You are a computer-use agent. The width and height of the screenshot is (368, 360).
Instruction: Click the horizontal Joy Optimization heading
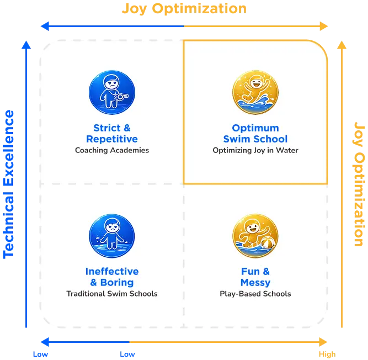coord(184,9)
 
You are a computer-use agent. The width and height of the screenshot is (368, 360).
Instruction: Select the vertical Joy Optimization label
coord(359,184)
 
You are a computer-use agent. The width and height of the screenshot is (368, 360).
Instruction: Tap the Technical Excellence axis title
coord(8,184)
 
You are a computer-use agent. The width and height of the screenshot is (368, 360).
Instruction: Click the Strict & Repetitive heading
coord(112,134)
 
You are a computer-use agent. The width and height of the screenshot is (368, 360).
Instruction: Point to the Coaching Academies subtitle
coord(112,150)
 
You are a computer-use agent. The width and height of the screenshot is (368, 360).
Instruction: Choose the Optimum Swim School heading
coord(255,134)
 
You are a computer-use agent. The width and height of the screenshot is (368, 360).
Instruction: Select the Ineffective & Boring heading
coord(112,277)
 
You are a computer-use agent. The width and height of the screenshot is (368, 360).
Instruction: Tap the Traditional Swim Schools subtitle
coord(112,294)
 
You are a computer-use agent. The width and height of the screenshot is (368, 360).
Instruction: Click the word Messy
coord(255,283)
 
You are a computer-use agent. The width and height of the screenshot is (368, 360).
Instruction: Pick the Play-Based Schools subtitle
coord(255,294)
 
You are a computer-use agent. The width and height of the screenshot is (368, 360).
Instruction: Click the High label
coord(327,354)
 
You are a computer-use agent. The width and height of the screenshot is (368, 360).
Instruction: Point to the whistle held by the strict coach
coord(122,96)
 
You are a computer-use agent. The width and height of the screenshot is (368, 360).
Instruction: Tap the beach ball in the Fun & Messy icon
coord(268,243)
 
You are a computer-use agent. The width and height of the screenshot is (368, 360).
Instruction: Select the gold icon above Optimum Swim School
coord(255,92)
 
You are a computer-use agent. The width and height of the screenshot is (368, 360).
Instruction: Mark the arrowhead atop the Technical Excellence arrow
coord(26,45)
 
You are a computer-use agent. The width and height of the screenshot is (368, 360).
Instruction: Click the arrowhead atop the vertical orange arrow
coord(342,45)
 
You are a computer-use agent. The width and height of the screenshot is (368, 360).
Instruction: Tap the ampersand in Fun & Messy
coord(266,272)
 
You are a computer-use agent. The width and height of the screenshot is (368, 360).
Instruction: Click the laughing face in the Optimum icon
coord(256,83)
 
